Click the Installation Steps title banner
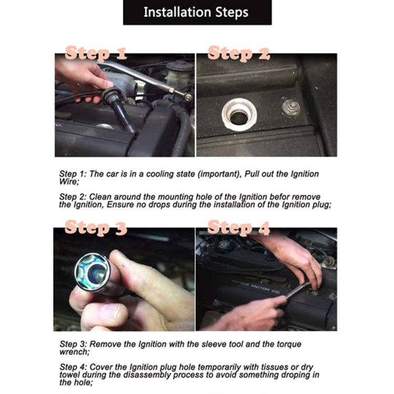197,12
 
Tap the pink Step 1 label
96,53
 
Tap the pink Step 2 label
239,53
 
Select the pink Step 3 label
96,227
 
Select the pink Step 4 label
239,227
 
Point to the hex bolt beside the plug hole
292,107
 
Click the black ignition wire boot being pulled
120,106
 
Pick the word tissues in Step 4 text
273,367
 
